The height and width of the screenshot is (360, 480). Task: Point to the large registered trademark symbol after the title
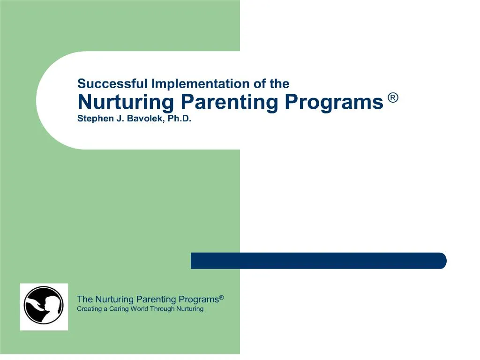point(393,98)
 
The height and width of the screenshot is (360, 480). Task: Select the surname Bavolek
point(144,119)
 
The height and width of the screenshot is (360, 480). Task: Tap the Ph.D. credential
point(180,119)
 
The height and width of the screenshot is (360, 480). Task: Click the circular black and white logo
point(44,306)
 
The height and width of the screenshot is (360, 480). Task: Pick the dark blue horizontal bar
point(318,261)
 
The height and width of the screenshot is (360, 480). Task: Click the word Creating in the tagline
point(89,309)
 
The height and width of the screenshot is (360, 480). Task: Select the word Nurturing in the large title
point(126,102)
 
